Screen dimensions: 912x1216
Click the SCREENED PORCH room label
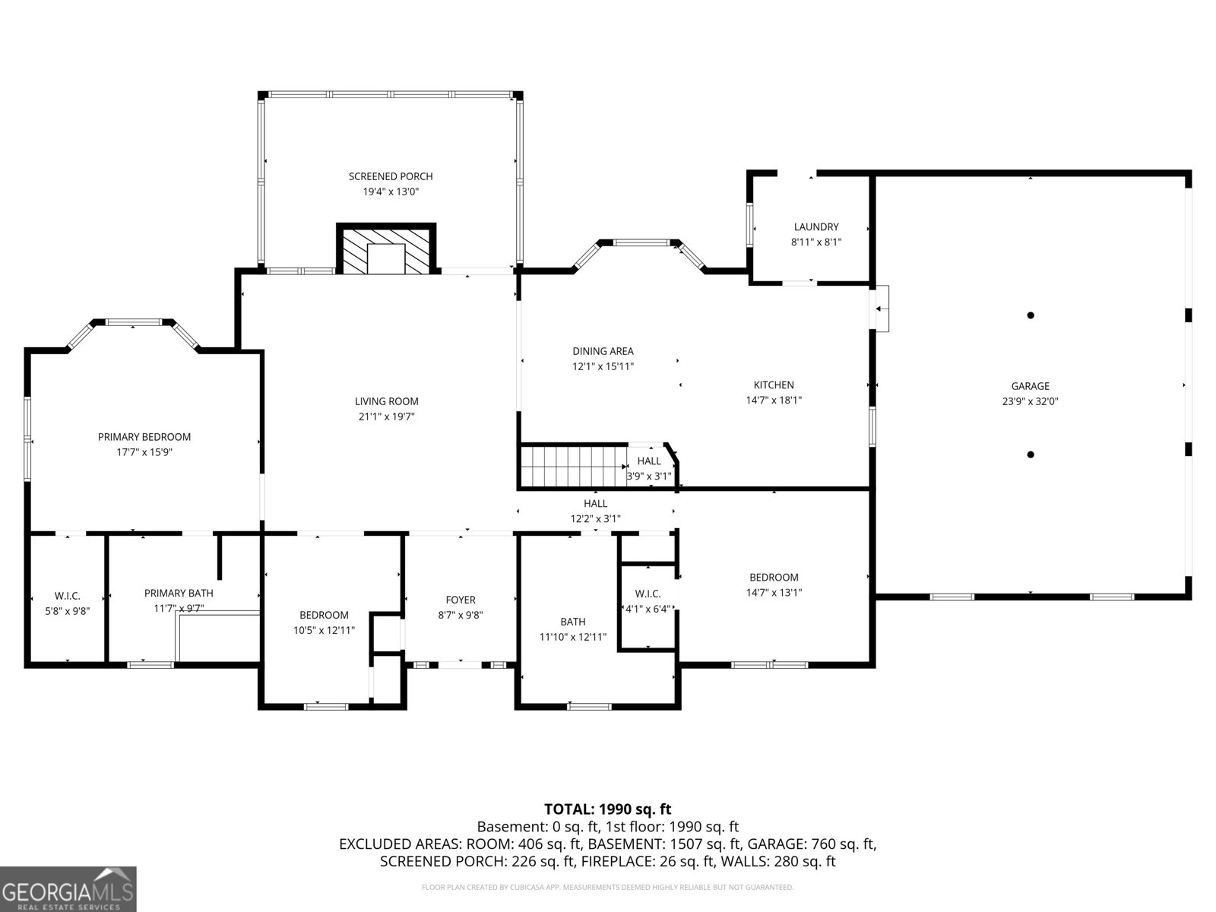(x=391, y=176)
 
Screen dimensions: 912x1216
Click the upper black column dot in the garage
(x=1031, y=315)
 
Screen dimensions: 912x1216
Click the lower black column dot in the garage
(x=1031, y=454)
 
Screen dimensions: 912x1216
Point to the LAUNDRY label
(x=816, y=226)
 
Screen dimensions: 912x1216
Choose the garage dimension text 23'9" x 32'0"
(x=1030, y=401)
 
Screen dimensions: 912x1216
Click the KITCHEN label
(x=774, y=385)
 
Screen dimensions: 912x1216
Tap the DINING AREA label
(x=603, y=351)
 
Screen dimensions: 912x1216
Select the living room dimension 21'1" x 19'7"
(x=387, y=416)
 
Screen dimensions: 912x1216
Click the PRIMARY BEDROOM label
(x=144, y=436)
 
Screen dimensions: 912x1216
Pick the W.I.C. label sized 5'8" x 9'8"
(x=67, y=596)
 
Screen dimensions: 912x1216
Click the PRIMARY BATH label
(x=179, y=593)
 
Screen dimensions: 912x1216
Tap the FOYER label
(x=461, y=600)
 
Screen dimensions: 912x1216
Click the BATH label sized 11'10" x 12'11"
(x=573, y=622)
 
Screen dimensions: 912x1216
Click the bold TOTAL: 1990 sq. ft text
(x=607, y=809)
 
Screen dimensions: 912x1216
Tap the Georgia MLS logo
(x=68, y=889)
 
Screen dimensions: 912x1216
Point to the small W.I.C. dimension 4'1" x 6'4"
(x=648, y=609)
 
